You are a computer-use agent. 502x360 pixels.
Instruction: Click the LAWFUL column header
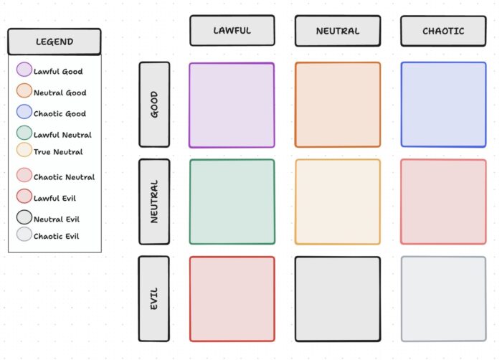232,31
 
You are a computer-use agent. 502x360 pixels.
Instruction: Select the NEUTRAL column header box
337,31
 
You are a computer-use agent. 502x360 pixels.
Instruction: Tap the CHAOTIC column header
442,31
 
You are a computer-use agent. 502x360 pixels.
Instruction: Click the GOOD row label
154,105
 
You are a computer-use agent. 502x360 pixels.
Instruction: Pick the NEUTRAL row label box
154,202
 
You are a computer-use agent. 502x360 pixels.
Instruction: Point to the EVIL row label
154,298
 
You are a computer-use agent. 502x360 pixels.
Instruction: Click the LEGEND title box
55,42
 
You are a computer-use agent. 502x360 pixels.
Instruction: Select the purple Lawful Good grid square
232,105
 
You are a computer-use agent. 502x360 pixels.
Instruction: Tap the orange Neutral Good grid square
337,105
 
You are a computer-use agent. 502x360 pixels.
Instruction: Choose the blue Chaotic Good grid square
442,105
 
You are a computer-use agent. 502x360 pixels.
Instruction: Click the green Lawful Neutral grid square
232,202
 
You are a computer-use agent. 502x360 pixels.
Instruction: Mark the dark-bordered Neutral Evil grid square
337,298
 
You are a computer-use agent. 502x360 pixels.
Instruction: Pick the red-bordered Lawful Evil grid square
232,298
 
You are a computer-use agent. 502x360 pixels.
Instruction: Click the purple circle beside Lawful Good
24,70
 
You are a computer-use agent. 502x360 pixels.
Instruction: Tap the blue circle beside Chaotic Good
24,112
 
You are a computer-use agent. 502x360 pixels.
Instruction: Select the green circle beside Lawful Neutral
24,133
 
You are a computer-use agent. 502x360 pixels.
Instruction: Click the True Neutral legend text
58,152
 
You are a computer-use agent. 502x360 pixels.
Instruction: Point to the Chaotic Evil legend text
56,236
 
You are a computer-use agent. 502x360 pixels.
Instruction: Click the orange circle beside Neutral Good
24,91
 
